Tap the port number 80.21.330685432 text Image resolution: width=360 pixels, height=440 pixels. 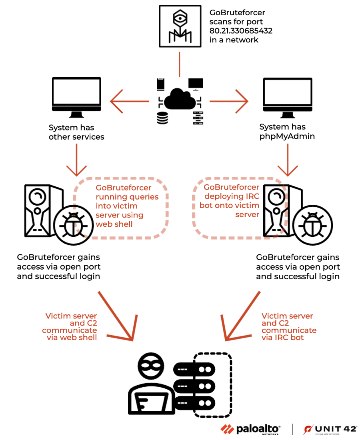pos(241,31)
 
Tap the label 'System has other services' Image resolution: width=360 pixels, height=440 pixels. pos(76,132)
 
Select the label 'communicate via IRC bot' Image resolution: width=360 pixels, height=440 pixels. pos(288,334)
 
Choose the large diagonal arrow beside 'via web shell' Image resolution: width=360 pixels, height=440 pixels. pos(116,316)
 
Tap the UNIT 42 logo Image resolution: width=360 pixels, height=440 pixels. pos(330,429)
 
